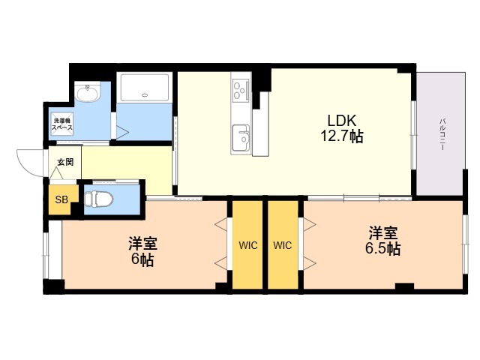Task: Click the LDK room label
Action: (342, 121)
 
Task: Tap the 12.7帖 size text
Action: (342, 136)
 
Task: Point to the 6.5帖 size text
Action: (383, 248)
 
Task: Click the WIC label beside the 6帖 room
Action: (248, 245)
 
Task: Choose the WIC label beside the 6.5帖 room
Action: (283, 245)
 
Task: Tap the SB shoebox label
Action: (61, 199)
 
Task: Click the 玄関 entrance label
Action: (65, 162)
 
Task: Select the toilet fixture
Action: (98, 199)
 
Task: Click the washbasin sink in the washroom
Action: (88, 93)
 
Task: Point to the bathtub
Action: (145, 87)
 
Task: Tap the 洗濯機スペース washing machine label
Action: (62, 124)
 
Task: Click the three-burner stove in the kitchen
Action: (241, 90)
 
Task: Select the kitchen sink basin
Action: (241, 138)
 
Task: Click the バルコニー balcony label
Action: (442, 134)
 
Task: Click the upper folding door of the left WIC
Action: (221, 223)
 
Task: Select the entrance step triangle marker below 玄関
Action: (56, 173)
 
